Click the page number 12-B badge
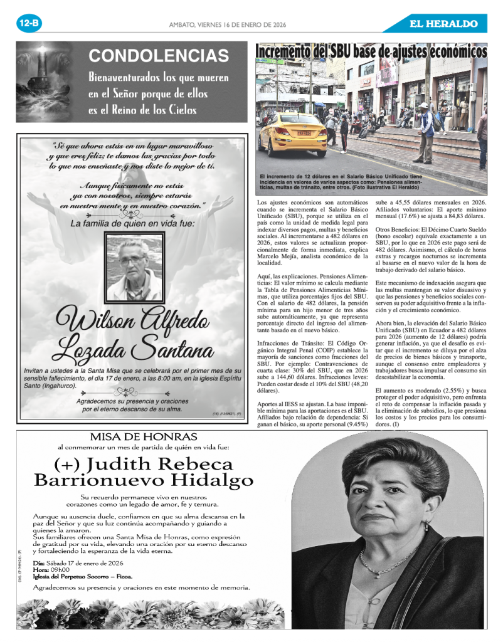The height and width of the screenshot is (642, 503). [29, 24]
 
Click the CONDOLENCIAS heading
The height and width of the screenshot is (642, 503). [159, 56]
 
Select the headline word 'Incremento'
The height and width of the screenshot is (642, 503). [289, 51]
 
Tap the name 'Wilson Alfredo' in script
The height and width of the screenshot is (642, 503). [133, 321]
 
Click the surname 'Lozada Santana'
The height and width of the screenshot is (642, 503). [133, 347]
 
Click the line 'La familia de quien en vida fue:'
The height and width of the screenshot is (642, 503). [132, 223]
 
